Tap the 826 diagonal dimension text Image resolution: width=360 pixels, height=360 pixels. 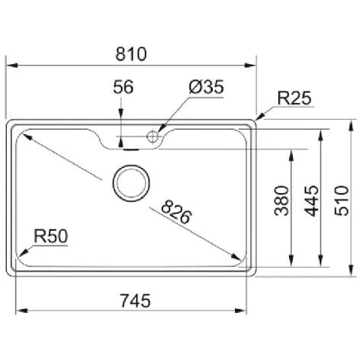tap(176, 208)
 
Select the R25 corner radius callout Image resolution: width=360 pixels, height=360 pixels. tap(293, 98)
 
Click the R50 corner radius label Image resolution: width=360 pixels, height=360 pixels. tap(51, 236)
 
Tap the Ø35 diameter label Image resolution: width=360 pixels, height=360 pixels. tap(205, 88)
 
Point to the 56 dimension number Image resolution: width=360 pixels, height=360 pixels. tap(123, 88)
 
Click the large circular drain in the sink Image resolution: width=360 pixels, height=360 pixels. tap(131, 182)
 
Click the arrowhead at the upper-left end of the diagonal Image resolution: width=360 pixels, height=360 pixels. tap(25, 136)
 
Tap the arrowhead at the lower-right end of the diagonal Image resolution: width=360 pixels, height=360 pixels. tap(237, 256)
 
